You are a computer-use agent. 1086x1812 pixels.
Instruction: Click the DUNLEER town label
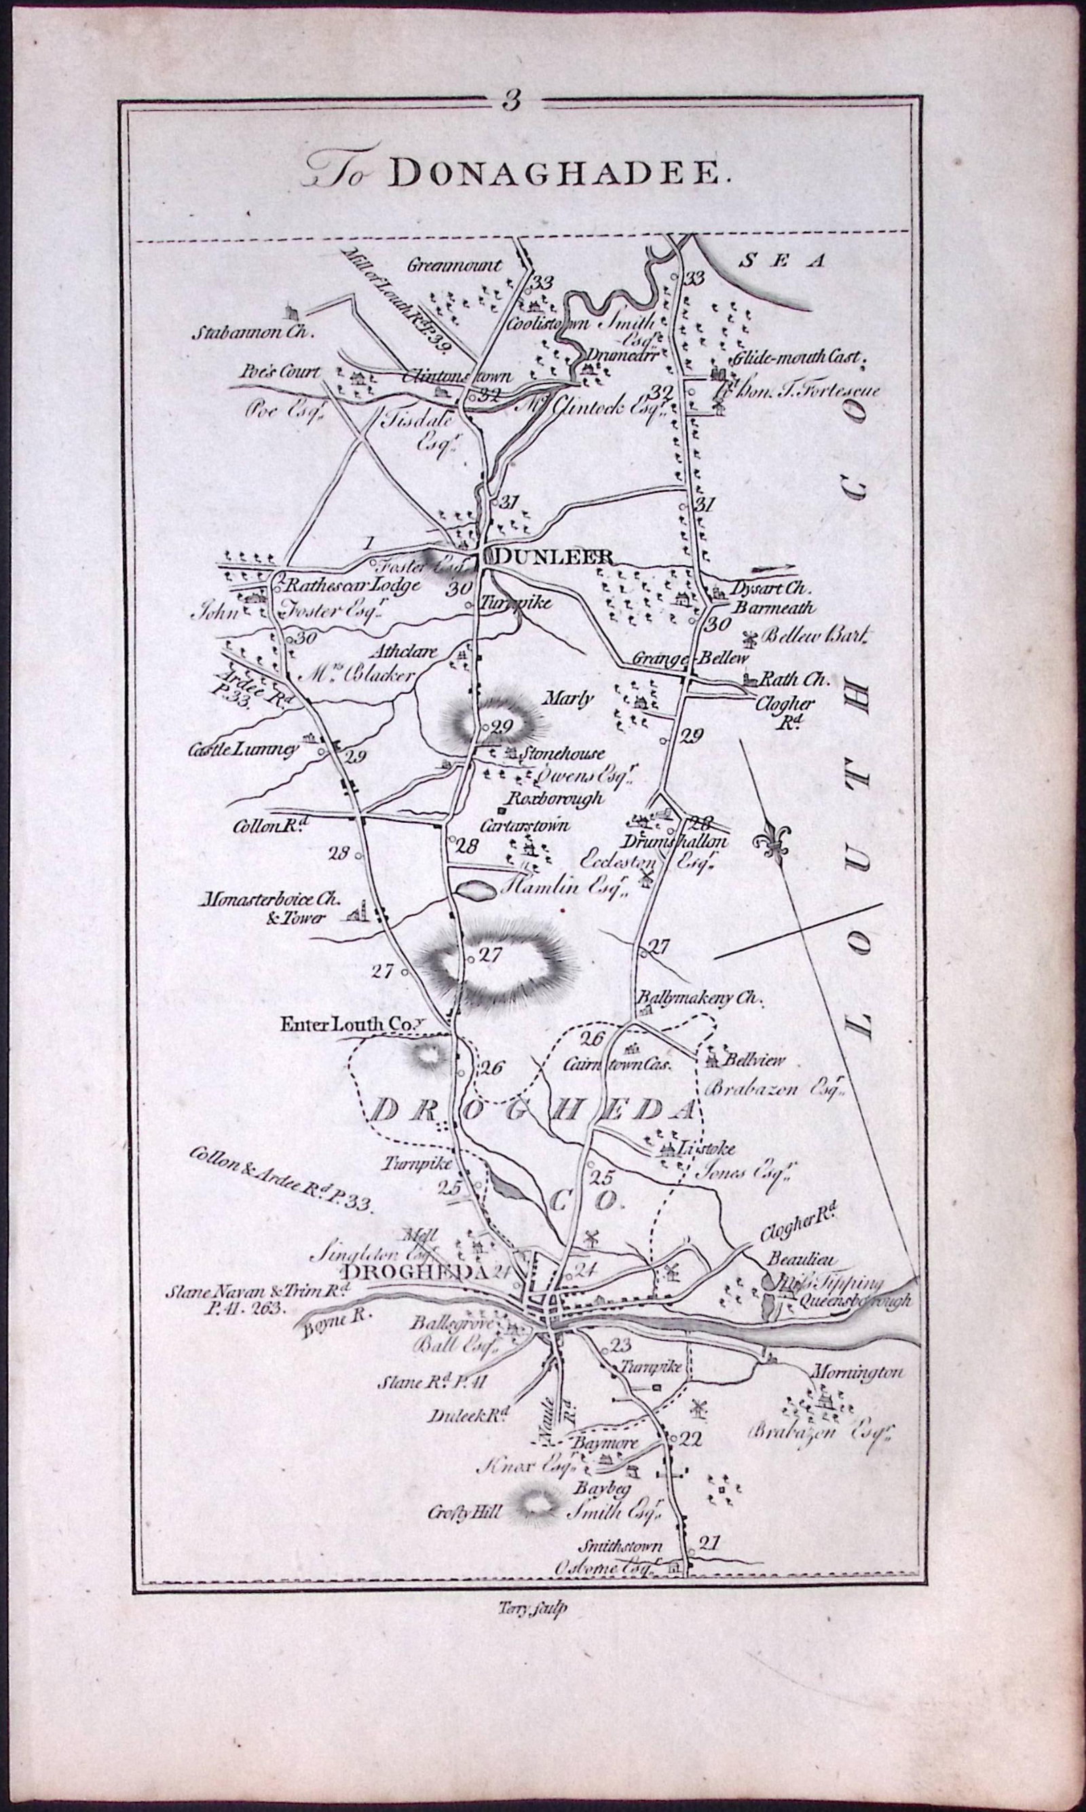(553, 557)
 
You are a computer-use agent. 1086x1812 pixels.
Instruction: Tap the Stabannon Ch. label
(252, 333)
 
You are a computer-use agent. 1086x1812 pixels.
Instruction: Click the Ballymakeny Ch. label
(700, 997)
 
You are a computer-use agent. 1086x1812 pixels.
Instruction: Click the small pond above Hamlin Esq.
(474, 890)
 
